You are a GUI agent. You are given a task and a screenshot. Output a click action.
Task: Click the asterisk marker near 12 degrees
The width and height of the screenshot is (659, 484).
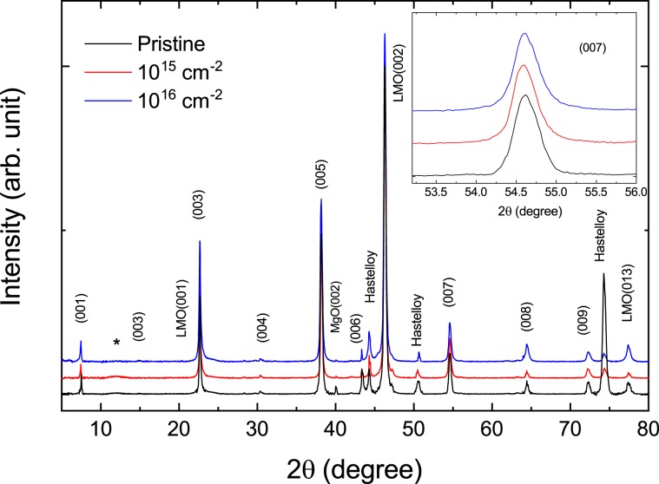[117, 343]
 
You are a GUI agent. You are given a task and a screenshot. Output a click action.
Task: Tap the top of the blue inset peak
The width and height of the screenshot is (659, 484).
[524, 34]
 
